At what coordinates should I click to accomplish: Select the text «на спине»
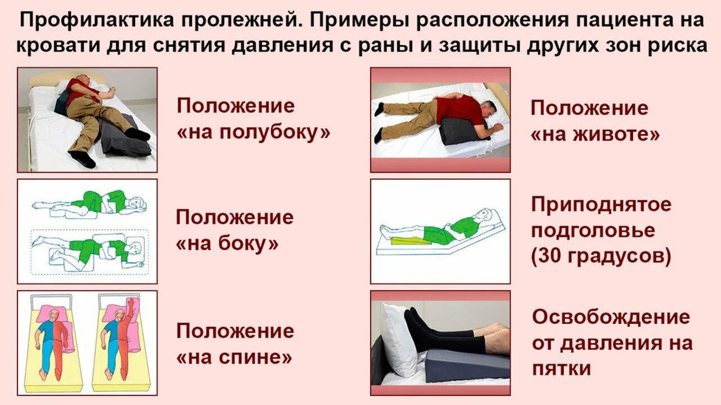[x=235, y=357]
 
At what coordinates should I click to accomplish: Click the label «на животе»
[x=595, y=134]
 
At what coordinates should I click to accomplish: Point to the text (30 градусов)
[x=601, y=256]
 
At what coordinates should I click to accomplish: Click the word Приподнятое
[x=601, y=204]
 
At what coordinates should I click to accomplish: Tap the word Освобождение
[x=611, y=317]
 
